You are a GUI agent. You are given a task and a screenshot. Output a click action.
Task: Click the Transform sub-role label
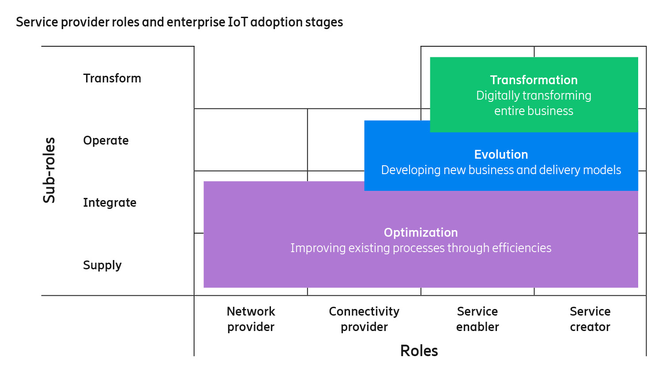click(x=112, y=78)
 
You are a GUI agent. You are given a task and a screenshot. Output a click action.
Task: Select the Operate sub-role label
click(x=106, y=141)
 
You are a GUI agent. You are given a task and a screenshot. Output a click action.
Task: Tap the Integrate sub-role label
click(x=109, y=203)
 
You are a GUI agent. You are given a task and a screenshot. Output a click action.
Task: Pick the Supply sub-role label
click(x=102, y=265)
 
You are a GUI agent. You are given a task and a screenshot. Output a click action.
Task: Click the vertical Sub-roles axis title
click(x=49, y=170)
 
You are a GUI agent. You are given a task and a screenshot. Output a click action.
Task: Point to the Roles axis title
click(x=419, y=351)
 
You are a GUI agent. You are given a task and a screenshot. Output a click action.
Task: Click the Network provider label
click(x=251, y=319)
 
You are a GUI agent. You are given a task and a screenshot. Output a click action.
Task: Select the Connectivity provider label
click(x=364, y=319)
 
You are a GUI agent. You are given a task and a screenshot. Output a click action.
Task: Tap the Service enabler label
click(x=478, y=319)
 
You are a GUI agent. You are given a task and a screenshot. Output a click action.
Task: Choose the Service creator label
click(x=590, y=319)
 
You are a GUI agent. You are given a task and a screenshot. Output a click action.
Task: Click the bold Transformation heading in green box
click(x=534, y=80)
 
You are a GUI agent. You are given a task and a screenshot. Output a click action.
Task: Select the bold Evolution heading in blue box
click(x=501, y=155)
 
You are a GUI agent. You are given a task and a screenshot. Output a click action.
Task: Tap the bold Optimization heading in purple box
click(x=421, y=233)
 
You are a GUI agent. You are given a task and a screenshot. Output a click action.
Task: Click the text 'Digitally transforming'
click(x=534, y=96)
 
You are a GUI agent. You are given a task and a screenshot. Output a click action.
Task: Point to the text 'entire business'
click(x=534, y=111)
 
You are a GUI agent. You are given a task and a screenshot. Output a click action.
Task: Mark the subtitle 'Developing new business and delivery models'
click(x=501, y=170)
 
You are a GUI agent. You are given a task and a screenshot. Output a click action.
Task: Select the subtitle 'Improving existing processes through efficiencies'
click(x=421, y=248)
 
